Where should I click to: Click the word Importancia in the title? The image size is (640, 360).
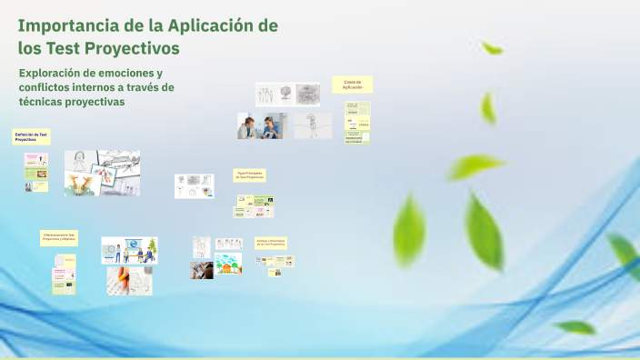63,25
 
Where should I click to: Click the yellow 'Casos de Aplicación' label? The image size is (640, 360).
353,85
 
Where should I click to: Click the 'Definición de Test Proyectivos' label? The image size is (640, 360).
32,137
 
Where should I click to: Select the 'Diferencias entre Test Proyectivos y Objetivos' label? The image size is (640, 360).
59,237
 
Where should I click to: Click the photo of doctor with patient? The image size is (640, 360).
263,126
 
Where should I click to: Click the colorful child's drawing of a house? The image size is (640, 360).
228,265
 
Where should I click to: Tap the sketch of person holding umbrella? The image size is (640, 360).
313,126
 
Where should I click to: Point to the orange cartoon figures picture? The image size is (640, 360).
83,185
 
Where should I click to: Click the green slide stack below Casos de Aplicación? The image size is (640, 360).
357,123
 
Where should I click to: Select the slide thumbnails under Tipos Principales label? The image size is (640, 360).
254,206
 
